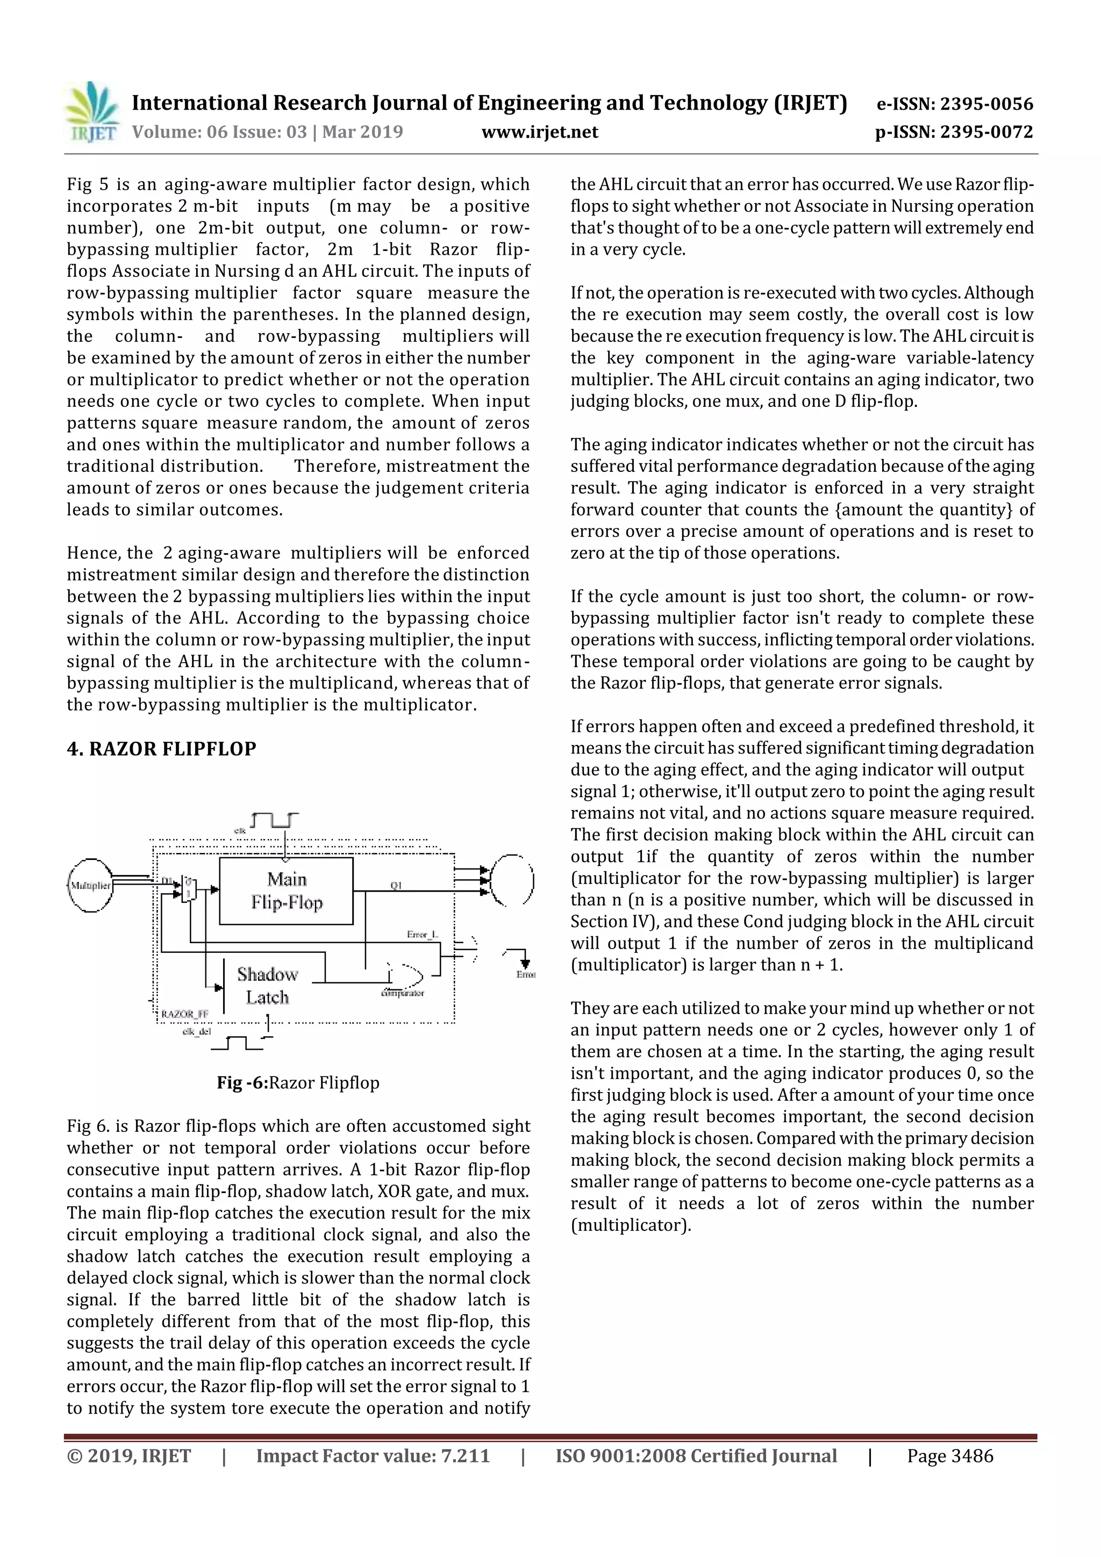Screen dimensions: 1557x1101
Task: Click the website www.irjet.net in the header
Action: (539, 132)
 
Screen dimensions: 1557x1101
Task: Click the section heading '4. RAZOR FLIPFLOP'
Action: (161, 749)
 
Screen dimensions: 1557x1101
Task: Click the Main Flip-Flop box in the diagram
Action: (287, 891)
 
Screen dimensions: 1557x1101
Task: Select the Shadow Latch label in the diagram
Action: (267, 985)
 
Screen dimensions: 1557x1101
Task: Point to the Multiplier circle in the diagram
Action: (90, 885)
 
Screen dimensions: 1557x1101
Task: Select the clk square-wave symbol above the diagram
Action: (274, 821)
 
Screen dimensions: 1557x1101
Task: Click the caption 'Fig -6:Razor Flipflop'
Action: (298, 1082)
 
